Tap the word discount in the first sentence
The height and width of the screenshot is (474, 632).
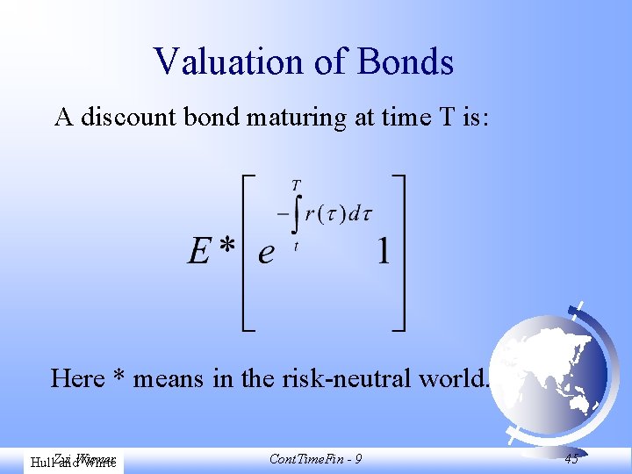pyautogui.click(x=130, y=117)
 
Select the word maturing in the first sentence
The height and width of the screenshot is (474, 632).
pyautogui.click(x=297, y=118)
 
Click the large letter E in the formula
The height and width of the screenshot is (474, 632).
pyautogui.click(x=200, y=254)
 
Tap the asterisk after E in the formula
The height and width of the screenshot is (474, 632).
pyautogui.click(x=228, y=249)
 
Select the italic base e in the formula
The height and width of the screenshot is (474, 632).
pyautogui.click(x=266, y=255)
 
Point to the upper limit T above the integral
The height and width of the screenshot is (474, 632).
pyautogui.click(x=297, y=186)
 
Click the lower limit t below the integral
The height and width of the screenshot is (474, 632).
pyautogui.click(x=296, y=247)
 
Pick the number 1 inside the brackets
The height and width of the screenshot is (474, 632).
pyautogui.click(x=383, y=253)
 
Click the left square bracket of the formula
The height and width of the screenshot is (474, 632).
pyautogui.click(x=248, y=253)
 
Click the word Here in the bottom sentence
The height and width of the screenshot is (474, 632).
pyautogui.click(x=78, y=378)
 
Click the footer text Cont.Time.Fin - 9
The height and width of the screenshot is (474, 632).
pyautogui.click(x=316, y=459)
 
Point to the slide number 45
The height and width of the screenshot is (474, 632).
pyautogui.click(x=571, y=459)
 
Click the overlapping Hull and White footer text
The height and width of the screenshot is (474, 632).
pyautogui.click(x=73, y=460)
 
